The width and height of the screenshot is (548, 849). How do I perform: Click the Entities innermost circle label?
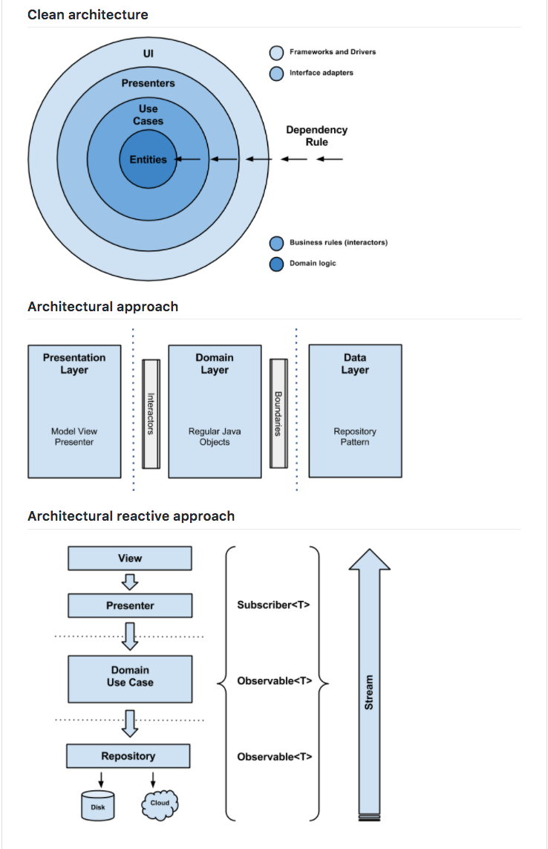click(x=148, y=159)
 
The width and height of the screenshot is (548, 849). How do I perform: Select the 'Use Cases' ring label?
click(x=148, y=114)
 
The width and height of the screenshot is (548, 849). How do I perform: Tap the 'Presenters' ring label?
click(x=148, y=83)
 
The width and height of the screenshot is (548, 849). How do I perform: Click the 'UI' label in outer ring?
click(x=148, y=53)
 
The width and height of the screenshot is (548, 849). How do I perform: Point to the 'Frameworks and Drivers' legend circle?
click(x=276, y=53)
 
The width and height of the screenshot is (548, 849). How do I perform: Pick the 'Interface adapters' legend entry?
click(x=321, y=73)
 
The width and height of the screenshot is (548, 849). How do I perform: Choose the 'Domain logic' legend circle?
click(x=276, y=264)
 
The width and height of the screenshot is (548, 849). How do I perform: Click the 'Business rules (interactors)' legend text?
click(x=338, y=243)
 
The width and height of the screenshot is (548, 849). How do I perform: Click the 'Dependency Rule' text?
click(x=316, y=135)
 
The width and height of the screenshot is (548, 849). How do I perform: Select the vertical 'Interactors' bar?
click(x=151, y=414)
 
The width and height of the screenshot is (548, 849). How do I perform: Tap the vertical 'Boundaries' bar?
click(x=278, y=414)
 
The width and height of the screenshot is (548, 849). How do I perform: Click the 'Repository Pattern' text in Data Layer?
click(x=355, y=436)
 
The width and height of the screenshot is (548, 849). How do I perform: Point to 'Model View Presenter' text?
click(x=74, y=436)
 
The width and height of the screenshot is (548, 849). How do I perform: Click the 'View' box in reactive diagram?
click(x=129, y=559)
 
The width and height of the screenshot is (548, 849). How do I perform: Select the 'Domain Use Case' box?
click(x=129, y=676)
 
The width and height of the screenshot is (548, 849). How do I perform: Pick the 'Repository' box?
click(x=128, y=756)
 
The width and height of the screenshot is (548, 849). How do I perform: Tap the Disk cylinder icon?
click(x=97, y=806)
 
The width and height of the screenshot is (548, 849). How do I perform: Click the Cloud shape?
click(x=159, y=804)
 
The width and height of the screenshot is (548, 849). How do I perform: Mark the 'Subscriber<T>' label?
click(x=273, y=605)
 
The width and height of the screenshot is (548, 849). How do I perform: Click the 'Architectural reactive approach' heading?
click(x=131, y=516)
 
